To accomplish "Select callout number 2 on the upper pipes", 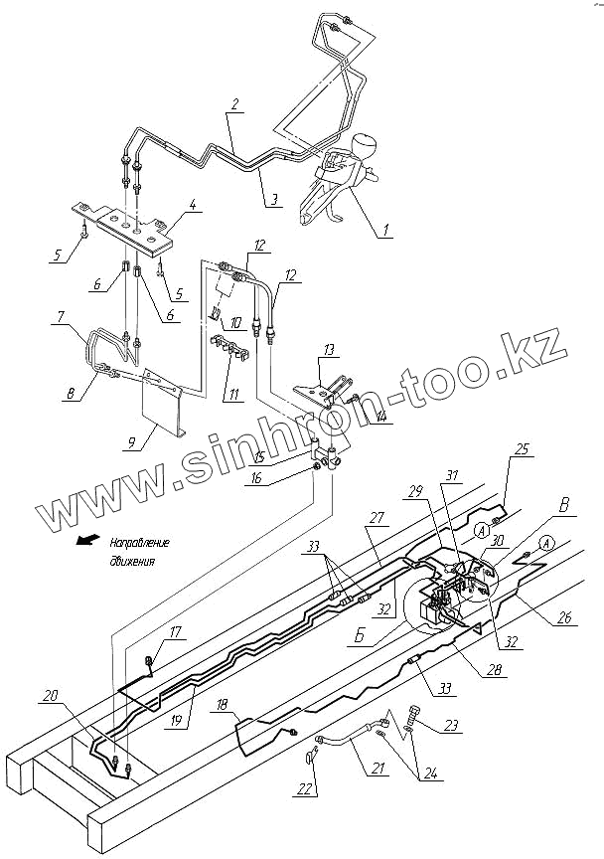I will tap(233, 103).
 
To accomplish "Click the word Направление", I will tap(139, 544).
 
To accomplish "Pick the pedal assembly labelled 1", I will tap(338, 184).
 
